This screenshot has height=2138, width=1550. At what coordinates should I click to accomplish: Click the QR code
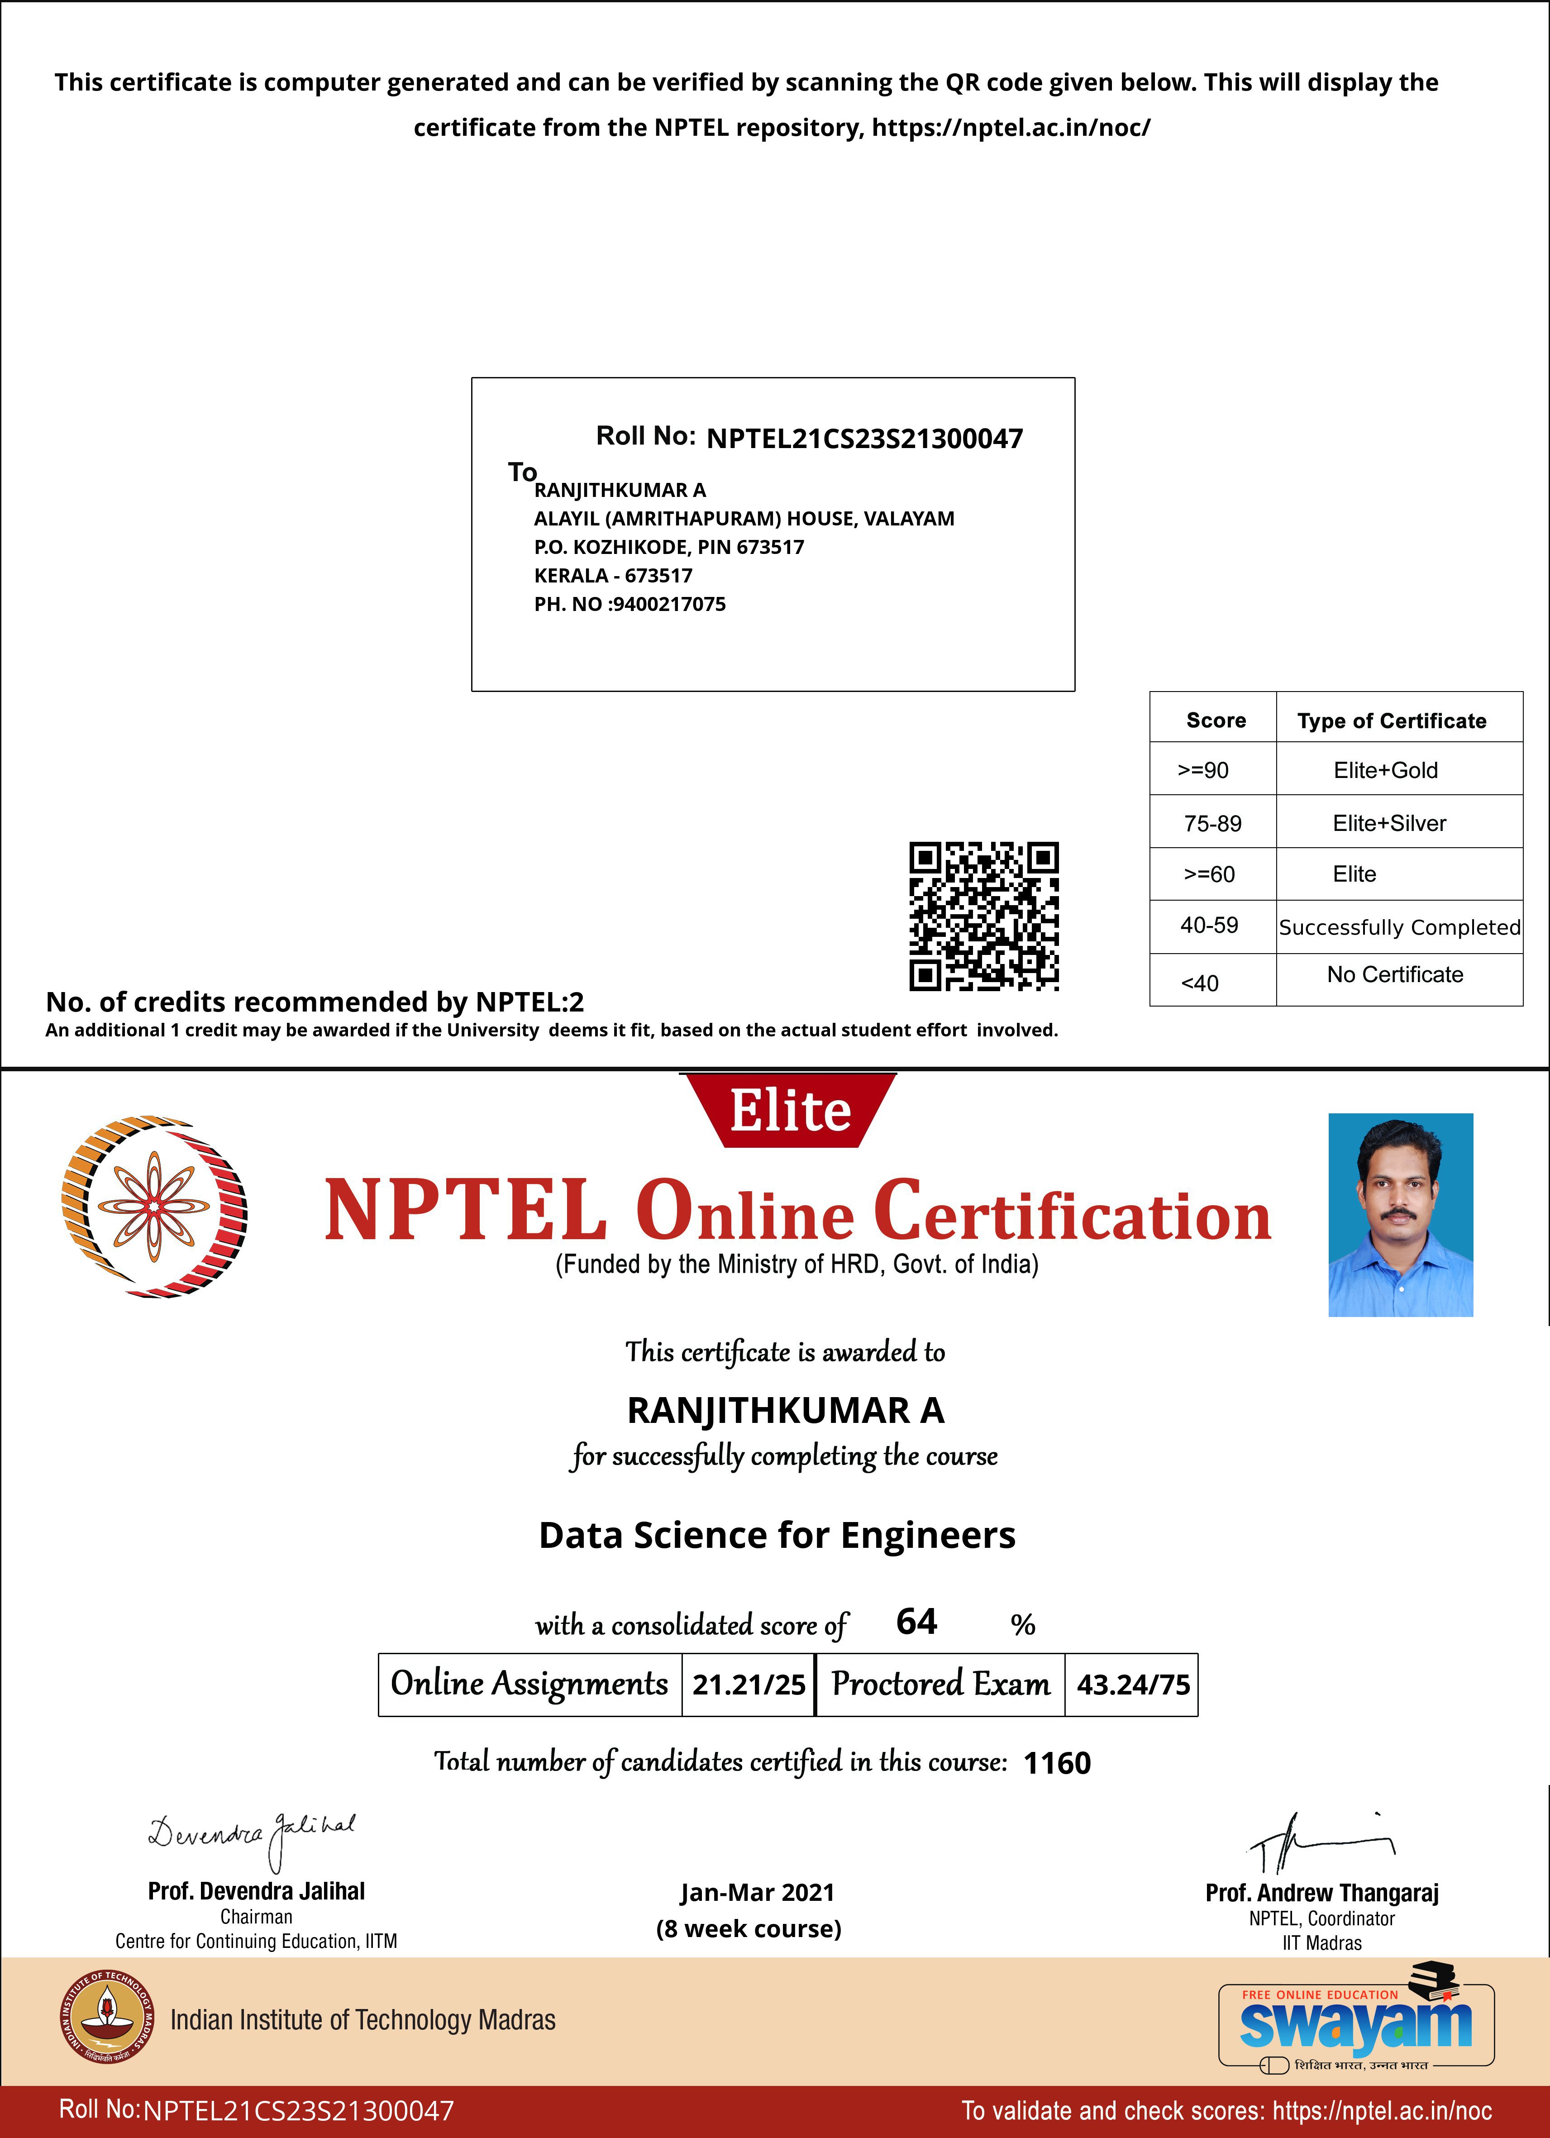(983, 916)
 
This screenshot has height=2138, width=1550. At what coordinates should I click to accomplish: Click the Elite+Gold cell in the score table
(1385, 770)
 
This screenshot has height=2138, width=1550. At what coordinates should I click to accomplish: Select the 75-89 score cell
(1212, 823)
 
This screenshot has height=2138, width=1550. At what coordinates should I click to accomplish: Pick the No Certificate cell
(1394, 975)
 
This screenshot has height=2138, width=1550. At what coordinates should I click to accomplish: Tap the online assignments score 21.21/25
(749, 1684)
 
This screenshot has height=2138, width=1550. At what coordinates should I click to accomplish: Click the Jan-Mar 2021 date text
(757, 1892)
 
